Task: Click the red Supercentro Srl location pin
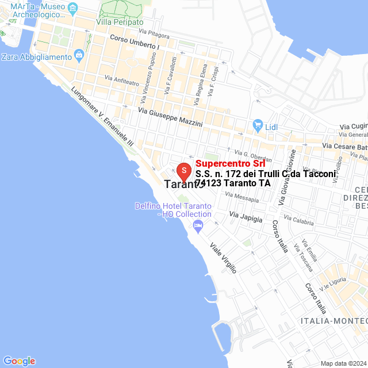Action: [x=183, y=171]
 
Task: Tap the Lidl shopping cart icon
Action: [x=258, y=125]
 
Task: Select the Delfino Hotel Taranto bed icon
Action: [x=198, y=225]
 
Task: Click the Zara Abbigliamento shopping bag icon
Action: [x=79, y=57]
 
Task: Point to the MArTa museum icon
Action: [x=72, y=7]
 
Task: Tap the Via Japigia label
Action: [x=246, y=217]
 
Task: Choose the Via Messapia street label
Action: [x=242, y=197]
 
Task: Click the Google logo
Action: [x=19, y=361]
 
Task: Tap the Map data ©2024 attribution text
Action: [x=343, y=363]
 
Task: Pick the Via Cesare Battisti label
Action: [x=344, y=147]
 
